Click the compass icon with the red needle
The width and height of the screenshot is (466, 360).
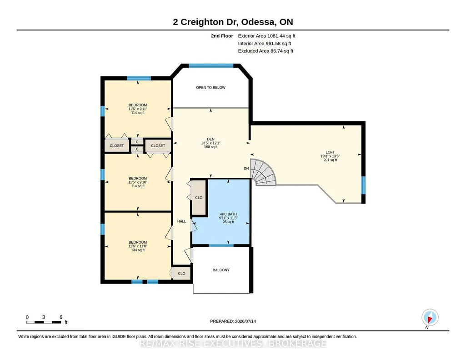[x=430, y=317]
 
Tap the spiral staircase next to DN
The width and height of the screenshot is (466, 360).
[x=264, y=172]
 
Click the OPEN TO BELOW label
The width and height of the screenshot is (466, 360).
[x=210, y=87]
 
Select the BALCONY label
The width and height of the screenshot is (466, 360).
[x=221, y=270]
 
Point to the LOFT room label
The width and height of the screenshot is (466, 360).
[x=330, y=152]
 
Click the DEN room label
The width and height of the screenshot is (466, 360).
[x=210, y=139]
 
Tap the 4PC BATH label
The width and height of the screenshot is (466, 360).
[x=228, y=214]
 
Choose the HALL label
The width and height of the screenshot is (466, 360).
[x=181, y=221]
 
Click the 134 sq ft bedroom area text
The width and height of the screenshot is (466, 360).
[x=138, y=250]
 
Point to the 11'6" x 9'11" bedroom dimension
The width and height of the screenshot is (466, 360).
[x=138, y=109]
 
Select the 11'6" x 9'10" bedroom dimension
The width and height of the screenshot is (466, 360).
[x=138, y=182]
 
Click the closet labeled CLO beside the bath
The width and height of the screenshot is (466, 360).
[x=199, y=198]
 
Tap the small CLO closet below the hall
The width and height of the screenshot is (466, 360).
[x=181, y=273]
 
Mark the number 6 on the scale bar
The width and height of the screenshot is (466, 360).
[x=61, y=317]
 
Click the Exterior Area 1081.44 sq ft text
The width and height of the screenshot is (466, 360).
[x=266, y=36]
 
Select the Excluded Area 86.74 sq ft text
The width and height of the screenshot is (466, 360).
[x=266, y=51]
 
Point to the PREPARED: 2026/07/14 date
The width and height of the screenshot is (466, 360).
[x=233, y=321]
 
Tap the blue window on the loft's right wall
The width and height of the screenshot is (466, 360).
[x=363, y=185]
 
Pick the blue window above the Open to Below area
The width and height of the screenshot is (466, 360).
[x=211, y=65]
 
